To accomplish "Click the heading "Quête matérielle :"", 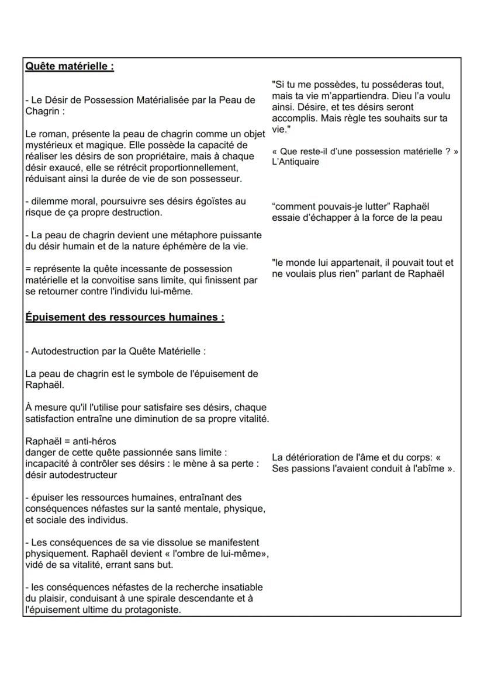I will tap(69, 67).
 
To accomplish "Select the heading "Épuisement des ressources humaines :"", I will tap(125, 317).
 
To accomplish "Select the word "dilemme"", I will tap(47, 201).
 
